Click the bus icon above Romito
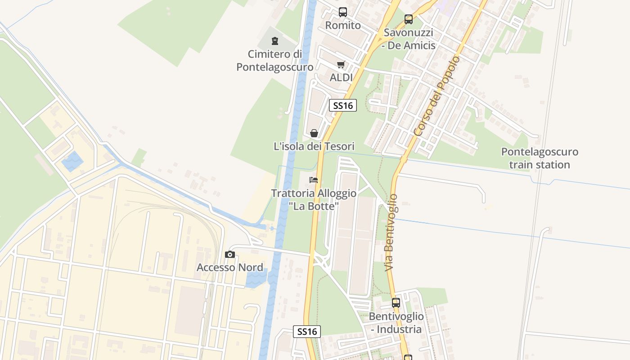tap(343, 12)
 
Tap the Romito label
tap(343, 25)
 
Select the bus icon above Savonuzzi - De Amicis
tap(409, 19)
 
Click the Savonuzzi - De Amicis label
tap(409, 39)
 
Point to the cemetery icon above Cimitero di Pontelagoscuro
tap(275, 41)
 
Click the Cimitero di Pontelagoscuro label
tap(275, 61)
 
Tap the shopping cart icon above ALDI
tap(341, 65)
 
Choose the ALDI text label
tap(341, 77)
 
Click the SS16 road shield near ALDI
tap(343, 106)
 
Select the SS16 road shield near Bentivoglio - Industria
tap(307, 332)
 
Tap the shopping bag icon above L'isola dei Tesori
tap(314, 133)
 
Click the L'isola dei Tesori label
tap(314, 146)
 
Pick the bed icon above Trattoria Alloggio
tap(314, 180)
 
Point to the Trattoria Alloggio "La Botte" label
tap(314, 199)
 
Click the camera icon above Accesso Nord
tap(230, 255)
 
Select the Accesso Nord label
tap(230, 267)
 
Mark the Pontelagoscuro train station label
tap(540, 158)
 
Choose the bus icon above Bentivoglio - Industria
tap(396, 303)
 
